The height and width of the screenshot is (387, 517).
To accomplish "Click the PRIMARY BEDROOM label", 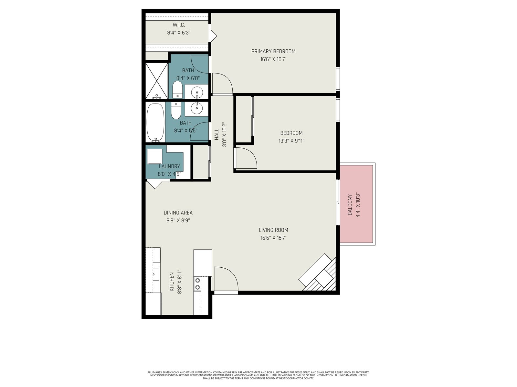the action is point(273,51).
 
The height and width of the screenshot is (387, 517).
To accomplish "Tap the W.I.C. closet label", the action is point(179,25).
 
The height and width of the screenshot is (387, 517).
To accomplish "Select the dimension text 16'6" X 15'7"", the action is point(273,238).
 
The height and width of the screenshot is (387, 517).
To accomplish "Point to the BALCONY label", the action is point(350,205).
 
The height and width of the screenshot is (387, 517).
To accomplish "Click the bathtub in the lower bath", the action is point(155,123).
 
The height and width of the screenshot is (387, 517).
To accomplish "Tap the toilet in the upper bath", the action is point(177,90).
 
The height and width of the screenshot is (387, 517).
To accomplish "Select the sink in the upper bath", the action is point(197,92).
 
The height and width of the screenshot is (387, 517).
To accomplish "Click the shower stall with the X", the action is point(157,81).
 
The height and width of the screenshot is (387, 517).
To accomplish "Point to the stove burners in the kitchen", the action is point(197,284).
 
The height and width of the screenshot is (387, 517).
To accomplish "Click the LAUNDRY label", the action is point(169,166).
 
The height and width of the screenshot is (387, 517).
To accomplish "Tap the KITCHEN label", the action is point(172,282).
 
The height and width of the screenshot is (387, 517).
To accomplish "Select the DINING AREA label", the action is point(178,213).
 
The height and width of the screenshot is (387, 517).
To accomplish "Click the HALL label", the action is point(217,134).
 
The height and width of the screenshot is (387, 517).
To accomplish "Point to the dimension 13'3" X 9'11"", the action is point(291,141).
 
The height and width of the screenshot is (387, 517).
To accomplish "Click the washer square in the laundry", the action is point(154,156).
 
